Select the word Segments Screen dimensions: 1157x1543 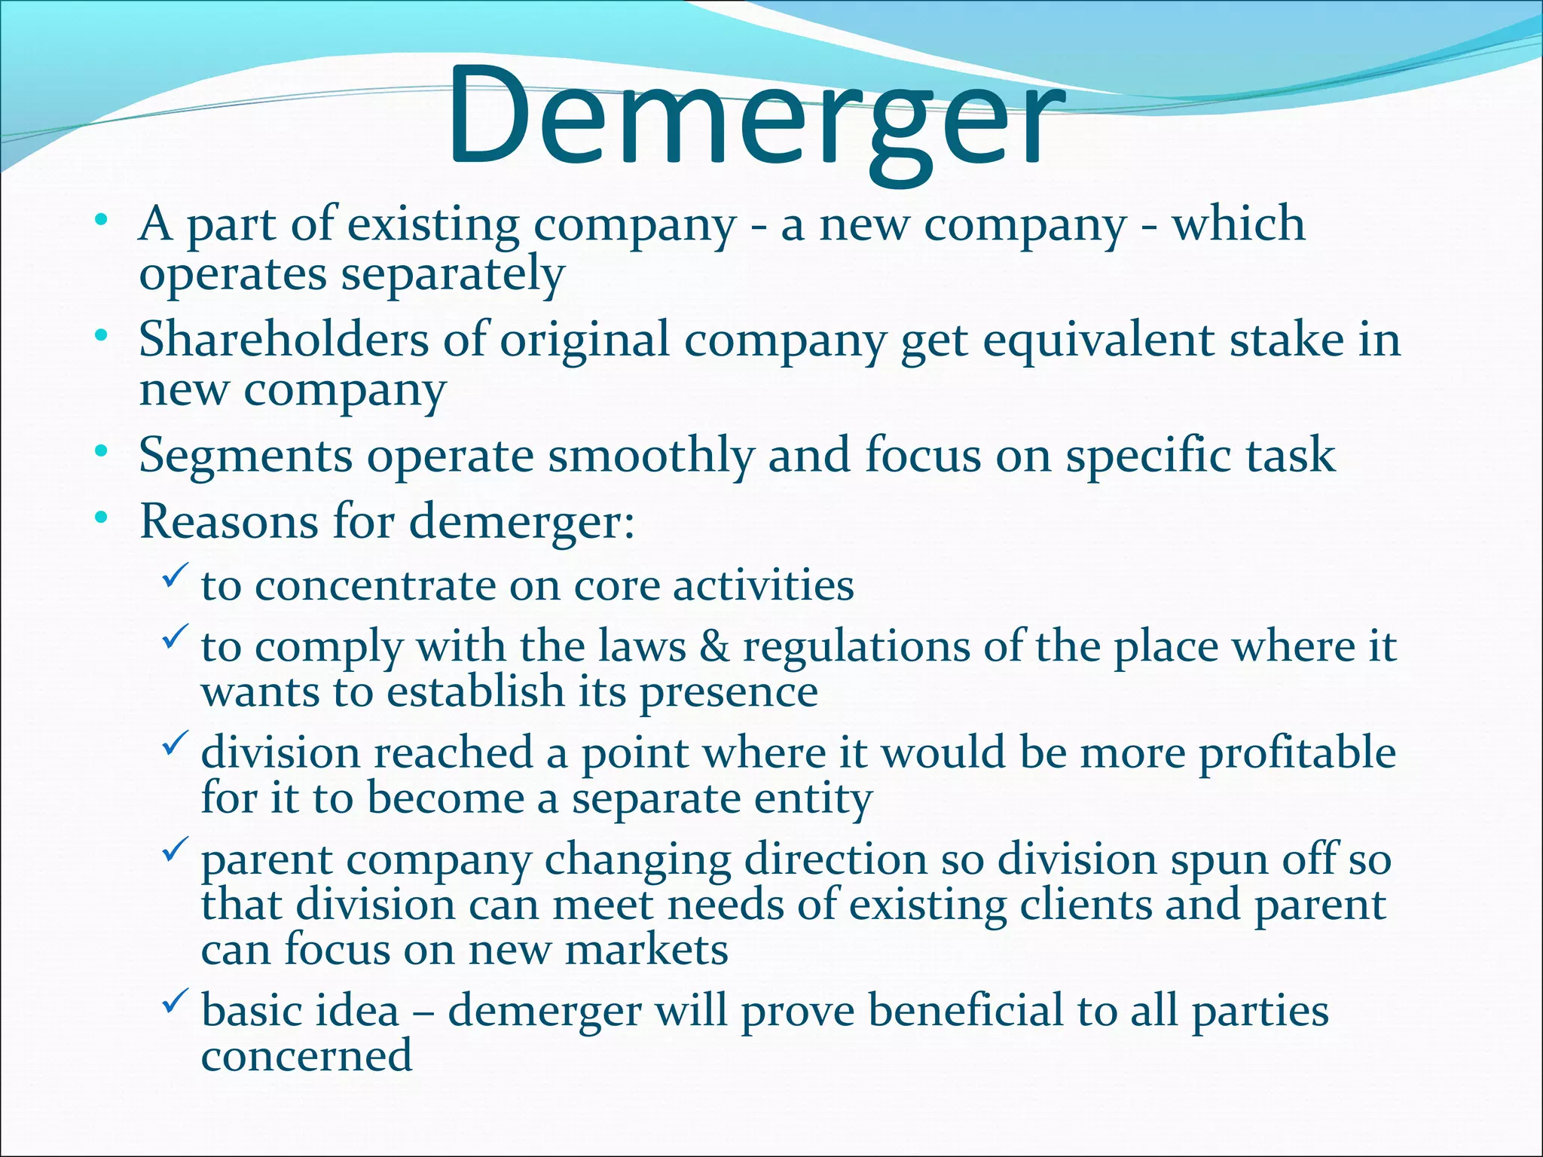(x=246, y=456)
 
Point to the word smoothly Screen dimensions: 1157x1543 (x=651, y=456)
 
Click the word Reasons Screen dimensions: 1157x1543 (x=229, y=521)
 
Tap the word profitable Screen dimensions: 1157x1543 (x=1297, y=753)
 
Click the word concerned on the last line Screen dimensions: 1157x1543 (x=307, y=1056)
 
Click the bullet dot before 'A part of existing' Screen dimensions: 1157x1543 (x=101, y=221)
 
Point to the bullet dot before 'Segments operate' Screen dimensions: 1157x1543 (x=101, y=453)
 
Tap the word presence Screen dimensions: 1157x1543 (x=729, y=693)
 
